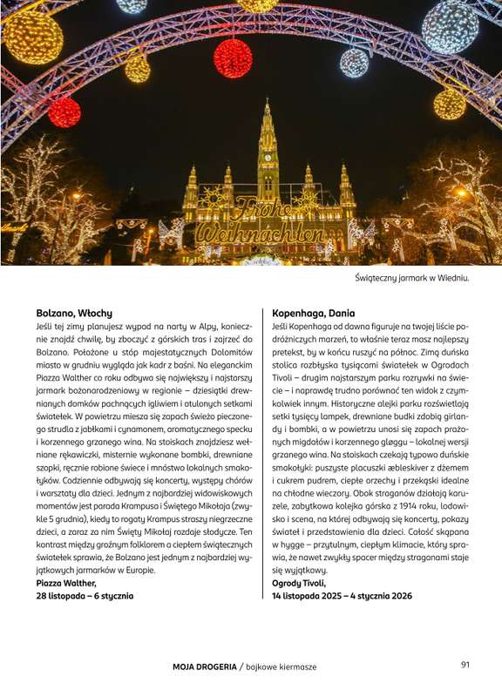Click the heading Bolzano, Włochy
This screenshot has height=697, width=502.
coord(74,312)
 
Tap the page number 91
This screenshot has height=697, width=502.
coord(465,665)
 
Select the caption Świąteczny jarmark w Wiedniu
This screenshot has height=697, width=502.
coord(413,278)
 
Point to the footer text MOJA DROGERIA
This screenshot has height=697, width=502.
coord(204,667)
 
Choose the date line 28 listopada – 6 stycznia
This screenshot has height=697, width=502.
coord(85,596)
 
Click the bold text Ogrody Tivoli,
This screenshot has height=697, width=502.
coord(299,583)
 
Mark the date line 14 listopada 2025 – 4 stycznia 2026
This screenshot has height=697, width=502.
coord(342,596)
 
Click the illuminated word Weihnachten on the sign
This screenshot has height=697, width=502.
coord(261,234)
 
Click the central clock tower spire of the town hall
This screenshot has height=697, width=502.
coord(268,131)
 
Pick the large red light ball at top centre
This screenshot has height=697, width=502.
coord(233,58)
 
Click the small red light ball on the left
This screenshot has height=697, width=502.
coord(64,112)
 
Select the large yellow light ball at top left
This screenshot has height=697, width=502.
coord(32,37)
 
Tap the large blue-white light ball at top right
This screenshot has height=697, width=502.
coord(450,27)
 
